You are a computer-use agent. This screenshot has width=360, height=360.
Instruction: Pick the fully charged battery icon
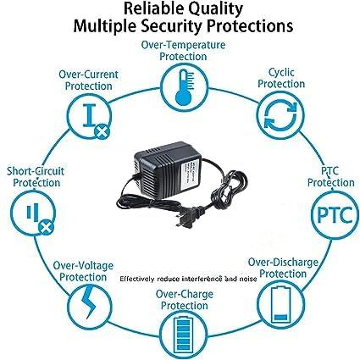pos(181,334)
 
